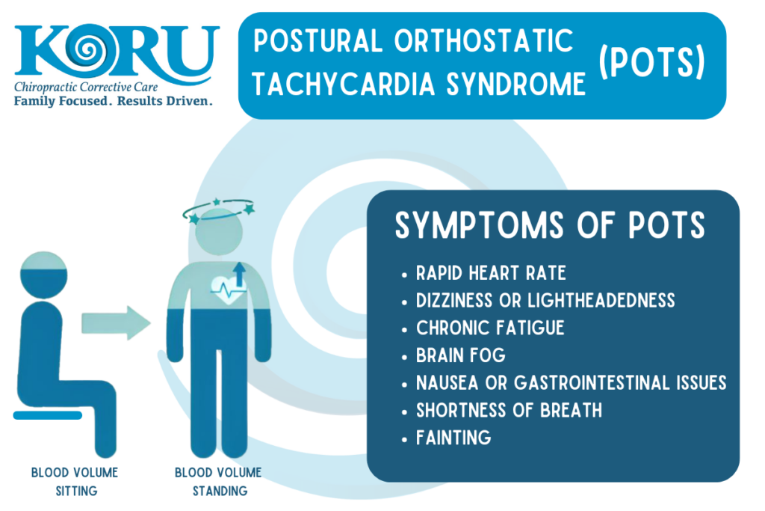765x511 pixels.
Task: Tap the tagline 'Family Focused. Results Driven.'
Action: (x=113, y=100)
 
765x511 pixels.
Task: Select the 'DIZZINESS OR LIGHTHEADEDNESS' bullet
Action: (x=545, y=300)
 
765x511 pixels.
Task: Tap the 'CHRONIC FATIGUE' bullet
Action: (x=490, y=328)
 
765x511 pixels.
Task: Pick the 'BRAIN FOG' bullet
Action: (x=461, y=355)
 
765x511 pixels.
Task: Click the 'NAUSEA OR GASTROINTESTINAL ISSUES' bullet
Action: (x=571, y=383)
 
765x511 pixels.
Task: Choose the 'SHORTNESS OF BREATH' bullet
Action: (x=509, y=410)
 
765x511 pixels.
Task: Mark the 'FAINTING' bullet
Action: (x=453, y=438)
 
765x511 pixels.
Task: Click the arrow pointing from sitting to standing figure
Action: (x=116, y=322)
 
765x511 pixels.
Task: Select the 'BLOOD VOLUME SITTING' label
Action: (x=75, y=482)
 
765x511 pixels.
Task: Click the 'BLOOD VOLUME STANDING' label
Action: (x=218, y=482)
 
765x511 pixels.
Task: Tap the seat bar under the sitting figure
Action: (x=48, y=414)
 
